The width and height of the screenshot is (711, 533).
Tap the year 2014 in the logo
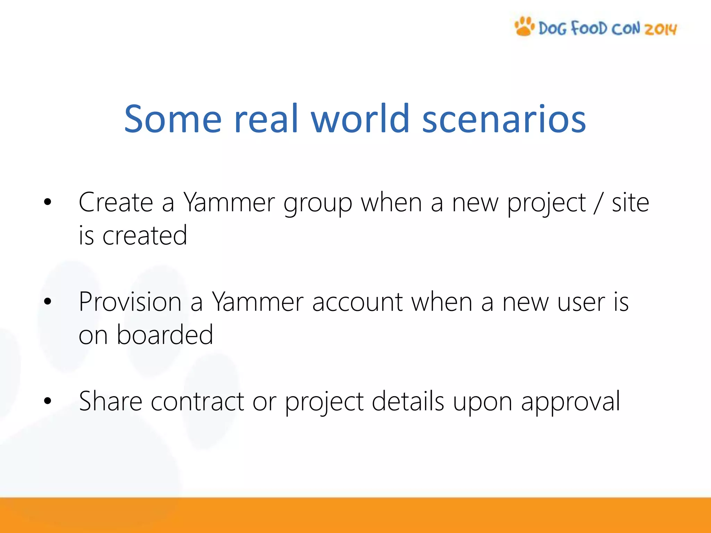661,29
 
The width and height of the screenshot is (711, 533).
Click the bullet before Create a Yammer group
48,202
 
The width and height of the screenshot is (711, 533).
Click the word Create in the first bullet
116,202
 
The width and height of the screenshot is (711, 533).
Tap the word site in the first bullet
630,202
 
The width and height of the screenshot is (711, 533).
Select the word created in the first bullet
145,235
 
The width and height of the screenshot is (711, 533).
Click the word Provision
130,302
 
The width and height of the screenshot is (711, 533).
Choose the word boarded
165,335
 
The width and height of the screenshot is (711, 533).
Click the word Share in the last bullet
111,401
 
